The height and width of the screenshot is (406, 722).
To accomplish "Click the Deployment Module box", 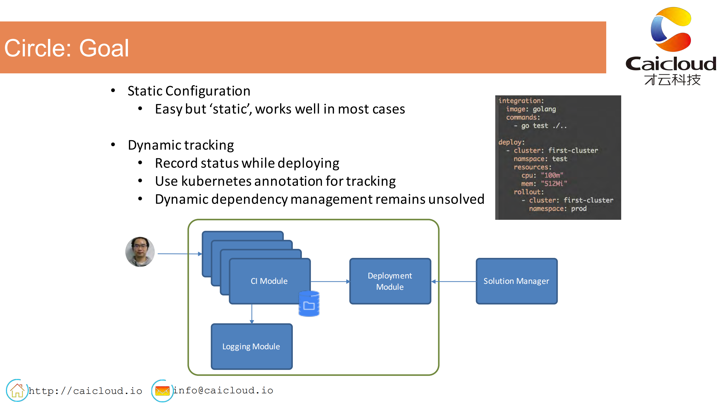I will pos(390,281).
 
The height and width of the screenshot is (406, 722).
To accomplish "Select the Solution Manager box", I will pos(516,281).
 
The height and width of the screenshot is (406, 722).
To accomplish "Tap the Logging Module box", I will pos(251,346).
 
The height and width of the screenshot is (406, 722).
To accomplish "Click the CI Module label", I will pos(269,281).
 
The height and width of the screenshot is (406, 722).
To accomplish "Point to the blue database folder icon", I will pos(309,304).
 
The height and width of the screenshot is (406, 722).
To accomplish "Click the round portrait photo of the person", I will pos(140,252).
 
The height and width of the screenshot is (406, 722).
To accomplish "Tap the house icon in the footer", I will pos(17,390).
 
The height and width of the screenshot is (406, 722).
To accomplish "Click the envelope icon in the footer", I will pos(162,391).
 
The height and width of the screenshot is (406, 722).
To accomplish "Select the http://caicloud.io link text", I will pos(85,391).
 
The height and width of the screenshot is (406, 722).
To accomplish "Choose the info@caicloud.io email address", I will pos(223,390).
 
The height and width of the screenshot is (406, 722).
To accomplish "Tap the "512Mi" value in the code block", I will pos(554,184).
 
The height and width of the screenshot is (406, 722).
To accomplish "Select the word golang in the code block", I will pos(544,109).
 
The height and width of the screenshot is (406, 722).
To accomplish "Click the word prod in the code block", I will pos(579,209).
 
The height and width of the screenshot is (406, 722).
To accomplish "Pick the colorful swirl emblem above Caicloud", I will pos(671,29).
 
